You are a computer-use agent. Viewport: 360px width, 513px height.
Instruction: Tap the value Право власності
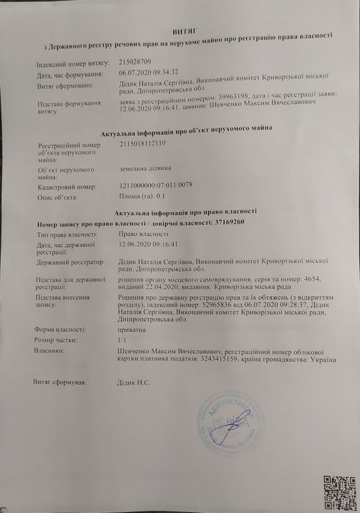tap(142, 233)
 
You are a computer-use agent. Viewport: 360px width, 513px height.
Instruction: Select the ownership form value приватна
tap(131, 331)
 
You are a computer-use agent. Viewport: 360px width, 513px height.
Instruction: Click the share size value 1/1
tap(122, 341)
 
